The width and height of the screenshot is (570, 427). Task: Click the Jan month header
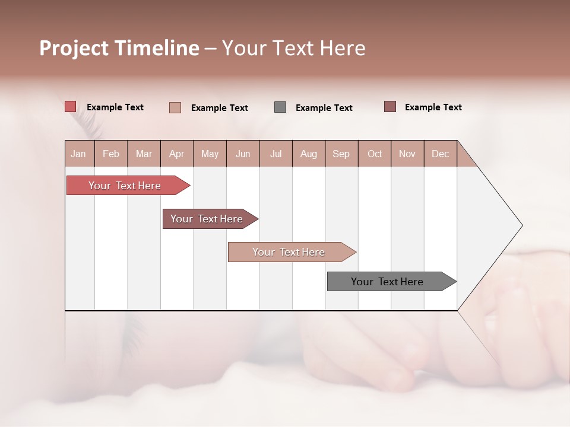pos(79,154)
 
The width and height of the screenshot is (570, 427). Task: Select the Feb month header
pos(111,154)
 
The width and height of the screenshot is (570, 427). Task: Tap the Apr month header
pos(176,154)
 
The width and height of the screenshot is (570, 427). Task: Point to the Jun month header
pos(243,154)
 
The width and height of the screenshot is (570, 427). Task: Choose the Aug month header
pos(308,154)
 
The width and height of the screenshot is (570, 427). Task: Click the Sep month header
pos(341,154)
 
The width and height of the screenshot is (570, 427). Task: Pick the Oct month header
pos(375,154)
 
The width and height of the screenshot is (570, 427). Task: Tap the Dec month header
pos(440,154)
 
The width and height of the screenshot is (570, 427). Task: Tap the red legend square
pos(71,107)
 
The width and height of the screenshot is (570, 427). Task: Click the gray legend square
pos(280,107)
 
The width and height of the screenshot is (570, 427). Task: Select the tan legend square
pos(175,107)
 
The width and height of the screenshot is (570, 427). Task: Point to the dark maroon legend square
pos(390,107)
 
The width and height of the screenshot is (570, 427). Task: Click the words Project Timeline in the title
pos(119,48)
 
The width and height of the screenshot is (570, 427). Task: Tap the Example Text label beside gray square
pos(324,108)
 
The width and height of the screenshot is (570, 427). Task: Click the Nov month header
pos(407,154)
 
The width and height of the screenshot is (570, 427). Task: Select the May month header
pos(210,154)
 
